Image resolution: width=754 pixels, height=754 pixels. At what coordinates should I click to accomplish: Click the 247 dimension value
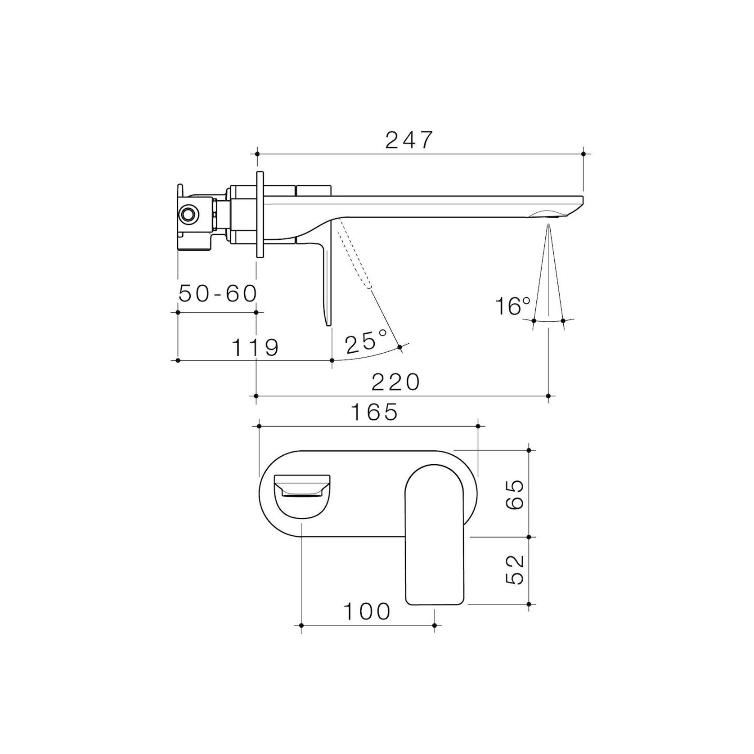[408, 140]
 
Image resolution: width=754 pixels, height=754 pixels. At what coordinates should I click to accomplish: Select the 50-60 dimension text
[218, 294]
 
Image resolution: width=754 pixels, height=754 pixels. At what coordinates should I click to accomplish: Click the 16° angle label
[512, 306]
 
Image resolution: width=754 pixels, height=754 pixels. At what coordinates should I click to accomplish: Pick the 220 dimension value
[396, 382]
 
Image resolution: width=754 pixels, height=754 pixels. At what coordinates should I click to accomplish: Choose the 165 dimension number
[375, 412]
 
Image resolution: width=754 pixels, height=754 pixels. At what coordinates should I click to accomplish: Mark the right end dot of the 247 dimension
[583, 154]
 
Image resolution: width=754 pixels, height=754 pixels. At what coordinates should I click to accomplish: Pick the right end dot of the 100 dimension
[434, 625]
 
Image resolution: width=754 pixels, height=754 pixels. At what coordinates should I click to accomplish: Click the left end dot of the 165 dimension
[259, 425]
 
